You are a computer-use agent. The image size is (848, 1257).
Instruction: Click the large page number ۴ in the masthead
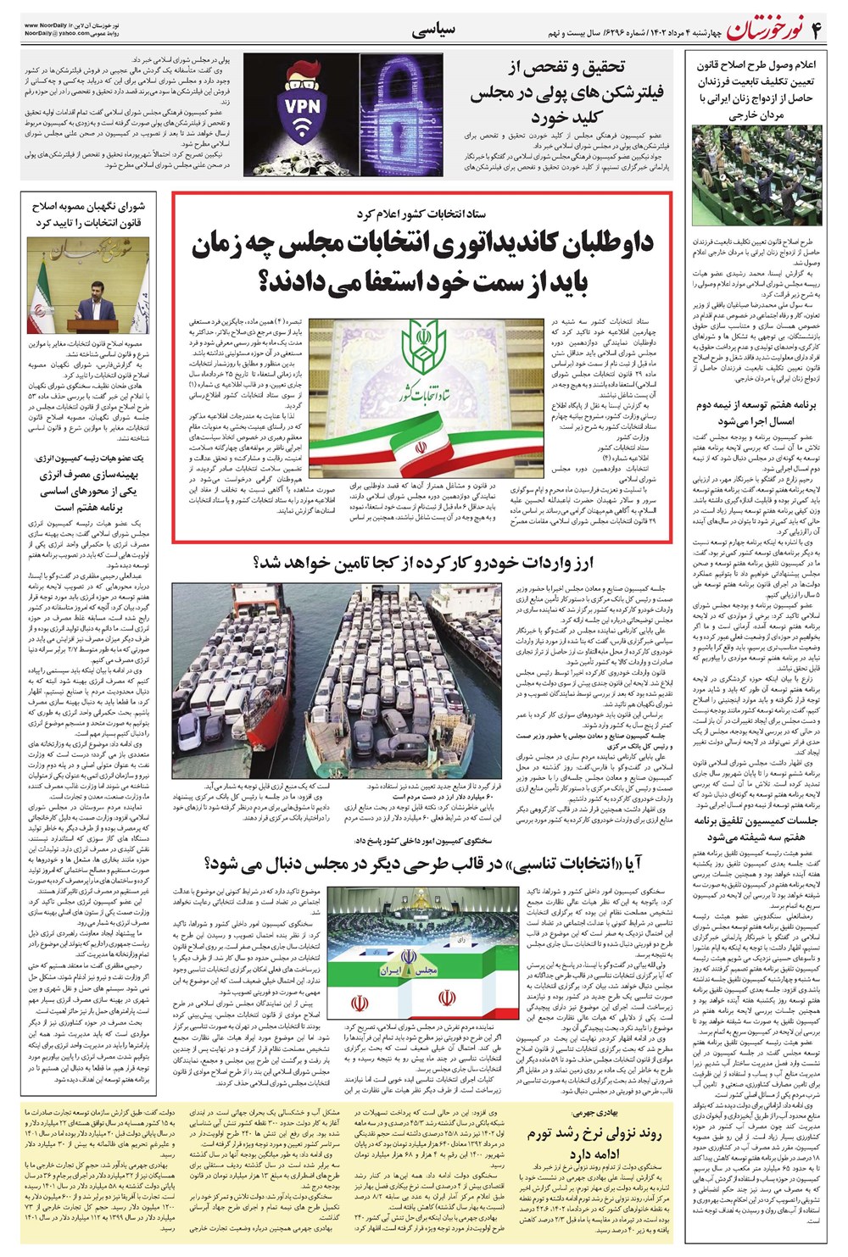[x=816, y=31]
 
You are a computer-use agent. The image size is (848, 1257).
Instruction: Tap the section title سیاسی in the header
[x=433, y=31]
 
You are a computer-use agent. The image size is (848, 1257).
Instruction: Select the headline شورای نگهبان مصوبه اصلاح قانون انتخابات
[x=88, y=214]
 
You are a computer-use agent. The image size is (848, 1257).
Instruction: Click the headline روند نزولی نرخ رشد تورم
[x=593, y=1143]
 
